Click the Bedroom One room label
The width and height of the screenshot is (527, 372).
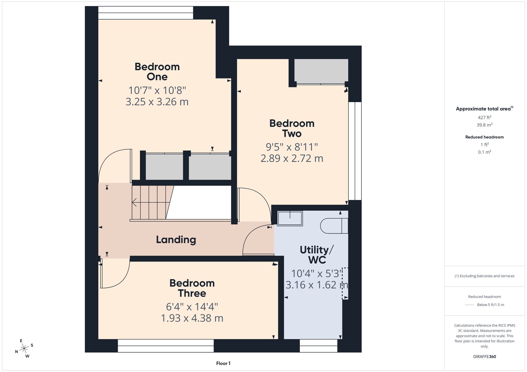click(157, 72)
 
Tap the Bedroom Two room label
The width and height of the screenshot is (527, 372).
click(292, 128)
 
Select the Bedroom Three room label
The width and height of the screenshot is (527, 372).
click(192, 288)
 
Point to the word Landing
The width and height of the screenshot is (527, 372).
click(176, 240)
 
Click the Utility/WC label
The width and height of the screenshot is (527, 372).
click(317, 255)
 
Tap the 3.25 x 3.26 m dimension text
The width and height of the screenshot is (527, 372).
click(157, 102)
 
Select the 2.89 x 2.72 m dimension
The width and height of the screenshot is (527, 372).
click(292, 158)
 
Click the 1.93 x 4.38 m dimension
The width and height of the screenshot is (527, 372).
click(192, 318)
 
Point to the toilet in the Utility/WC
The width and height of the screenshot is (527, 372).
click(334, 226)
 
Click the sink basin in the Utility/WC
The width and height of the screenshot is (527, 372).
click(290, 218)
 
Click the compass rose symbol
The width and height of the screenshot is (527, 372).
click(24, 348)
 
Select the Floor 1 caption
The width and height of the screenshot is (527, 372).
click(223, 363)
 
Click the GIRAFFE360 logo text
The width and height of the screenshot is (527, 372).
click(484, 357)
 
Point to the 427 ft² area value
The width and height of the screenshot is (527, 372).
click(484, 117)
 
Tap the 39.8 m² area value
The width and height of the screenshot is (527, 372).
click(484, 125)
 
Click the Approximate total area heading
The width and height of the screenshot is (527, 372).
click(484, 108)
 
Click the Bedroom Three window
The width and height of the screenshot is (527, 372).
click(165, 346)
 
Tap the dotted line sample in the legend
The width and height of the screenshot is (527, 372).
click(470, 305)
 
